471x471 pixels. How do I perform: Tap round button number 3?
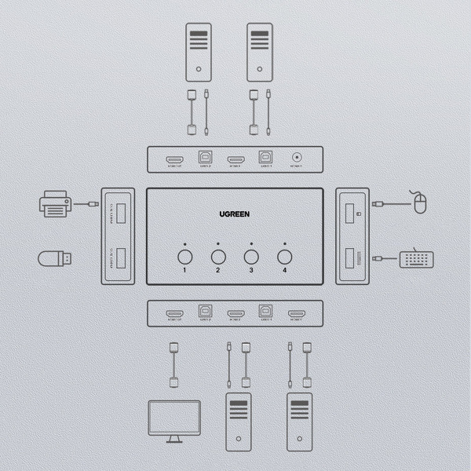coord(251,256)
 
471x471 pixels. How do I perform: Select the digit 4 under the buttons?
coord(285,271)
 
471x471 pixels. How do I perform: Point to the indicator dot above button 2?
coord(218,243)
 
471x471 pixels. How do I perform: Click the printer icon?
coord(54,206)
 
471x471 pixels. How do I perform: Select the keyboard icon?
coord(416,258)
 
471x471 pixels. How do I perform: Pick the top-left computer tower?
coord(199,52)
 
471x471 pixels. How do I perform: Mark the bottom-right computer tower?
coord(300,421)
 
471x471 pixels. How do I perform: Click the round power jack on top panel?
coord(297,159)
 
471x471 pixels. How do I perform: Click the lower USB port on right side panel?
coord(353,256)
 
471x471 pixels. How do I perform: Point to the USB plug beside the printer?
coord(92,205)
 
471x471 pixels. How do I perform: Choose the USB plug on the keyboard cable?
coord(378,258)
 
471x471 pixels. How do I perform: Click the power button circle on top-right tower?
coord(260,69)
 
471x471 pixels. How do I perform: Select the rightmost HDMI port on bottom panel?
coord(296,314)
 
